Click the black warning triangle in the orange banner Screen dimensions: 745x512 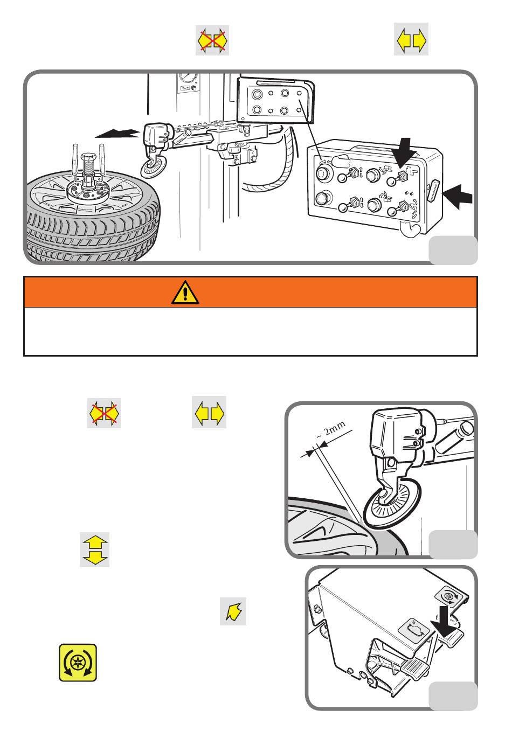pyautogui.click(x=185, y=292)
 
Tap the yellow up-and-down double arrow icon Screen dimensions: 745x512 pyautogui.click(x=94, y=549)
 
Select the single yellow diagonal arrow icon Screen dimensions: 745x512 pyautogui.click(x=233, y=611)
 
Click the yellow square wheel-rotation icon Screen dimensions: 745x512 pyautogui.click(x=78, y=663)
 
